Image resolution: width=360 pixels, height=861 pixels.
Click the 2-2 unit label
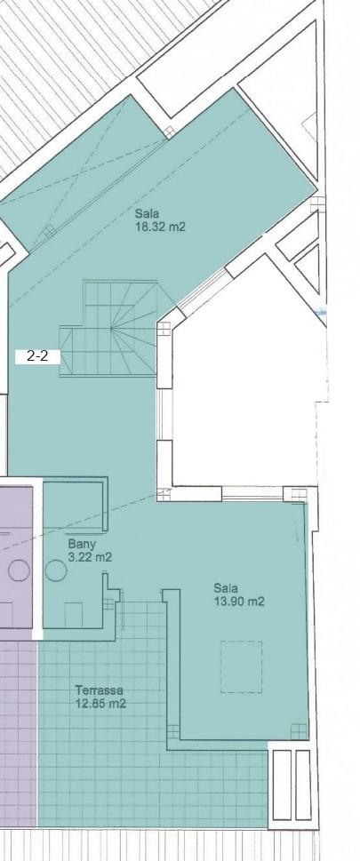37,356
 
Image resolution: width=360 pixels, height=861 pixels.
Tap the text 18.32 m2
160,227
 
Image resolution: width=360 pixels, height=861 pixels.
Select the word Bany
82,545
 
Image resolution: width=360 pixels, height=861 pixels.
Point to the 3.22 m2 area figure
90,557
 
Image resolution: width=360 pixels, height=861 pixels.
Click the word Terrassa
100,690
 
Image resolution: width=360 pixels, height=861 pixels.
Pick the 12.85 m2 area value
100,703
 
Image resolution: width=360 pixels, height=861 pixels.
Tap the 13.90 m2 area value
239,602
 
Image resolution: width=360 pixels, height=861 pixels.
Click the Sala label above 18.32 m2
147,213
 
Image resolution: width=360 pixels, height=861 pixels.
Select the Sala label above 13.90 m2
226,588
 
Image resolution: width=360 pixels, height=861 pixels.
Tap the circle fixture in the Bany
55,570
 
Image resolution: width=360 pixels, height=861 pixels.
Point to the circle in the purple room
19,570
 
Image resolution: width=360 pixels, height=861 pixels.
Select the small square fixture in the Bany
74,615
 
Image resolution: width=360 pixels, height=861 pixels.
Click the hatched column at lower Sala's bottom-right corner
299,731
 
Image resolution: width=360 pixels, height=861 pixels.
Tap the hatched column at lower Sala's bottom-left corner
173,731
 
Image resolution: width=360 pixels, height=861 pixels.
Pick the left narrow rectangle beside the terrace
282,785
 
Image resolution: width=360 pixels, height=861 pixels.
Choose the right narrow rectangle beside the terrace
303,785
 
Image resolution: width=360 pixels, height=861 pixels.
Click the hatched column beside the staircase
164,329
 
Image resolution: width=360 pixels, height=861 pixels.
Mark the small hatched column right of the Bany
108,604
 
